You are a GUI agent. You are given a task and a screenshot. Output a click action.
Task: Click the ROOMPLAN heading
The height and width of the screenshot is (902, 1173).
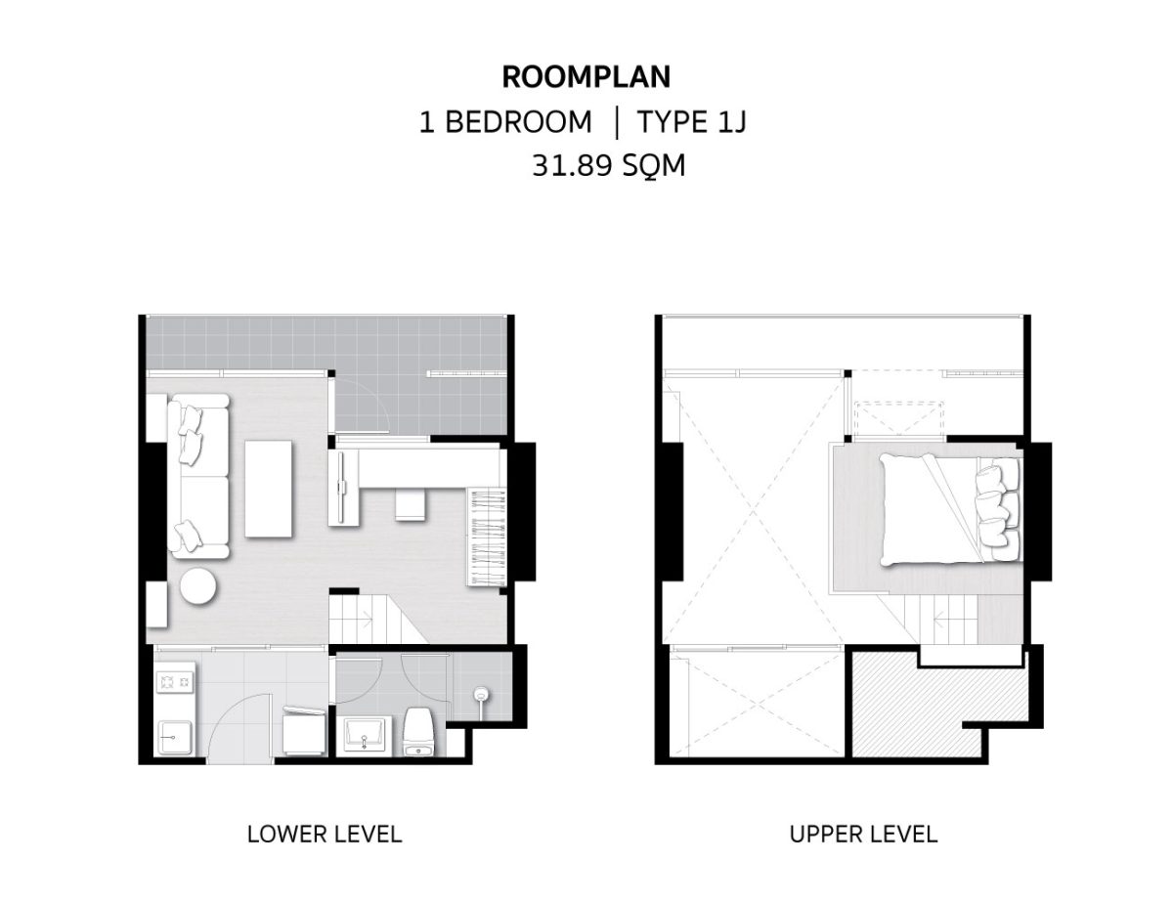tap(586, 76)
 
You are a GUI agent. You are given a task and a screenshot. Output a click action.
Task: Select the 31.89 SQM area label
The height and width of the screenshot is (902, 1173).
tap(608, 165)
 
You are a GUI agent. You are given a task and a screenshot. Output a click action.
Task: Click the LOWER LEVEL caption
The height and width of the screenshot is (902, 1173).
tap(325, 834)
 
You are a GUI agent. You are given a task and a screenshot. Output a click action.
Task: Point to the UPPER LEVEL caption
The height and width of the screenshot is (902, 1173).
tap(863, 834)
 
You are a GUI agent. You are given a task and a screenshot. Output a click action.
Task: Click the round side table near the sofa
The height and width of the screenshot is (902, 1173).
tap(198, 586)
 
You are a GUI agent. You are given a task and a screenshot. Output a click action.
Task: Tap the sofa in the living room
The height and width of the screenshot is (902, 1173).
tap(198, 476)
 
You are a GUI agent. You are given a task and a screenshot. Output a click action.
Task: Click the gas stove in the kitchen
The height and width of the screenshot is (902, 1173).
tap(175, 682)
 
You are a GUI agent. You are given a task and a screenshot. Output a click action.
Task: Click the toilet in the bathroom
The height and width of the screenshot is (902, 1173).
tap(419, 733)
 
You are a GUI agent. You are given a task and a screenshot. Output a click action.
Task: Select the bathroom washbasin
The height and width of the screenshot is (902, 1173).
tap(365, 734)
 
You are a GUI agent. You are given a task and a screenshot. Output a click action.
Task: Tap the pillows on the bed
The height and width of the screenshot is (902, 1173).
tap(996, 510)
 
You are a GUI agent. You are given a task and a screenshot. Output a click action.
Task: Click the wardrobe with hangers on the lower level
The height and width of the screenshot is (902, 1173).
tap(487, 537)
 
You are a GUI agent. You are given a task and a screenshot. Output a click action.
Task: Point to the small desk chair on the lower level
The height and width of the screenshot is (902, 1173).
tap(411, 505)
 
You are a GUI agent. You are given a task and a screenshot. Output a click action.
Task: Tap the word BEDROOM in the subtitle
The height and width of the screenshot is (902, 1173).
tap(518, 122)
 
